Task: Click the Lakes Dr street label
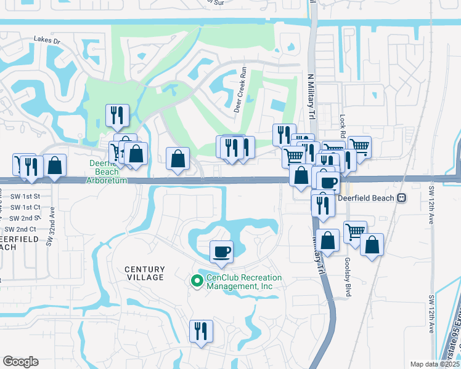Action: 48,41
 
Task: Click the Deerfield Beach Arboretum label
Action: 108,172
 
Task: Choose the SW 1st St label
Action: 25,196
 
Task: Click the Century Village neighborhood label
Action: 145,273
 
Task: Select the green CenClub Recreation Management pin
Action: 197,281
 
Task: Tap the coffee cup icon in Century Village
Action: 221,250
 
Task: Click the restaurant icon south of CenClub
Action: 201,331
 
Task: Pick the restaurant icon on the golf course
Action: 115,114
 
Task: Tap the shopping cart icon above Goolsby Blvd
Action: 355,232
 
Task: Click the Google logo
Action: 20,362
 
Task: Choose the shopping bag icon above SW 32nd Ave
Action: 55,165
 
